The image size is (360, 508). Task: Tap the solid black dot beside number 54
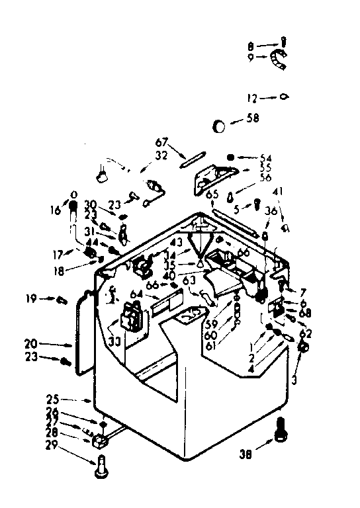pyautogui.click(x=230, y=157)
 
